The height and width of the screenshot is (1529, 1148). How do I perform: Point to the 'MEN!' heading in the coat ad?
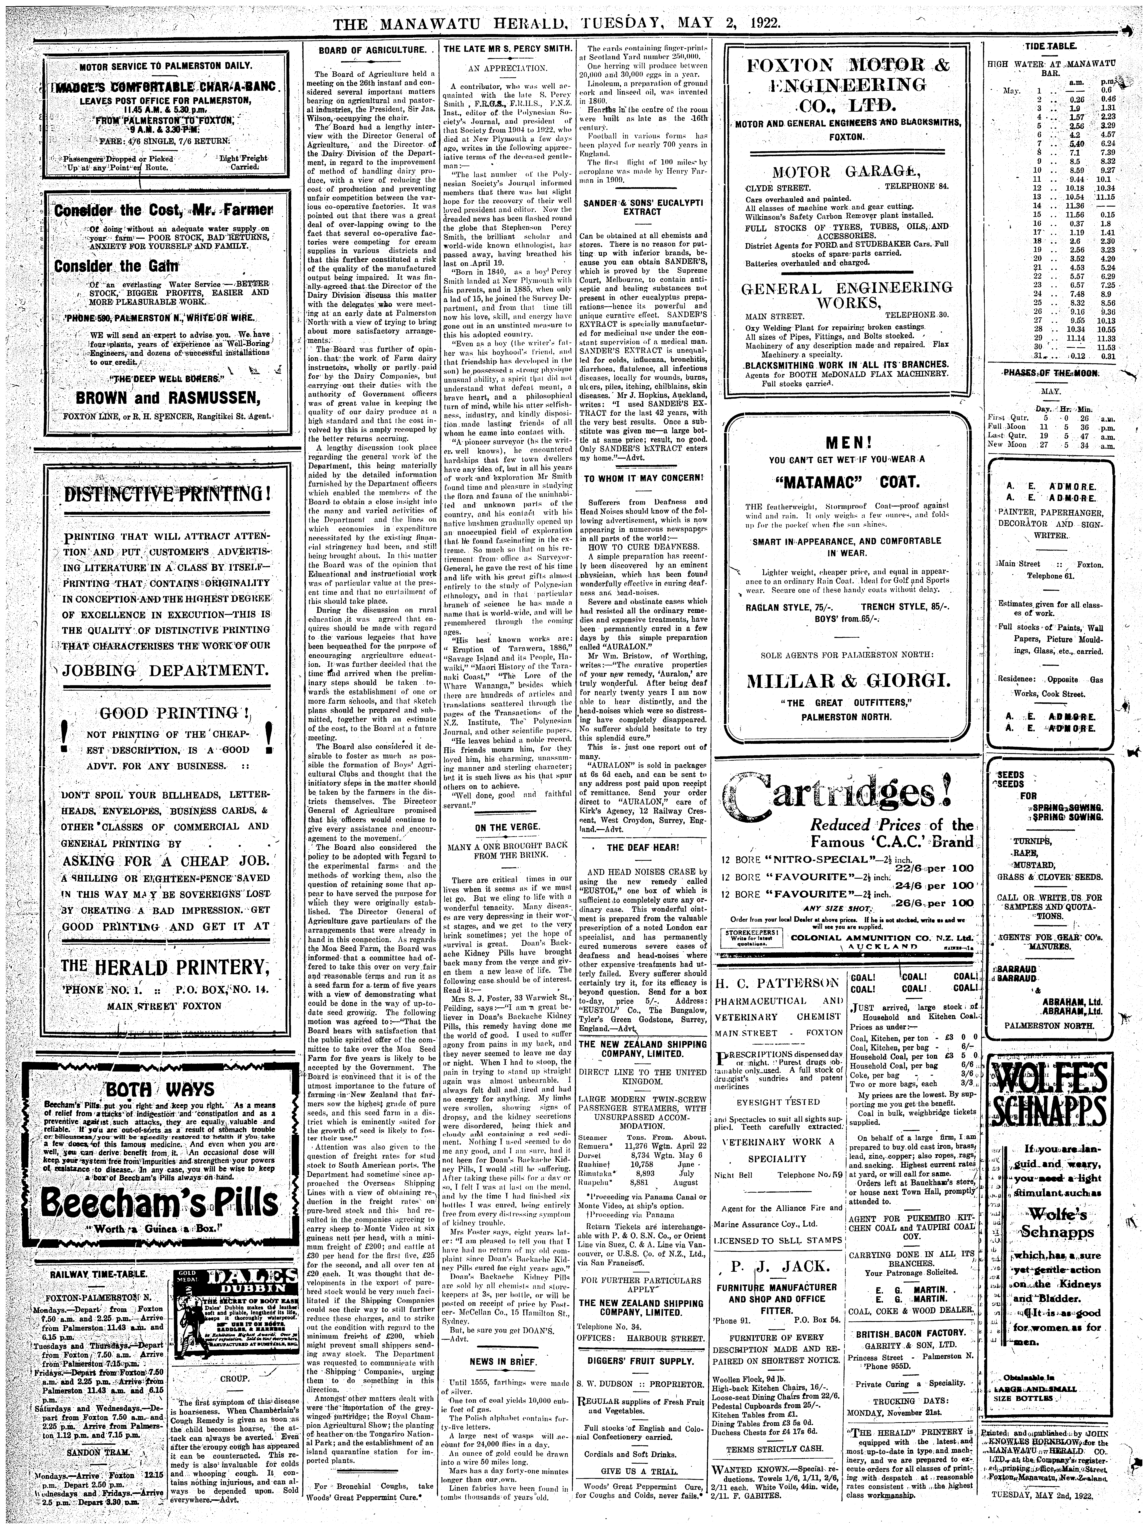click(847, 442)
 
